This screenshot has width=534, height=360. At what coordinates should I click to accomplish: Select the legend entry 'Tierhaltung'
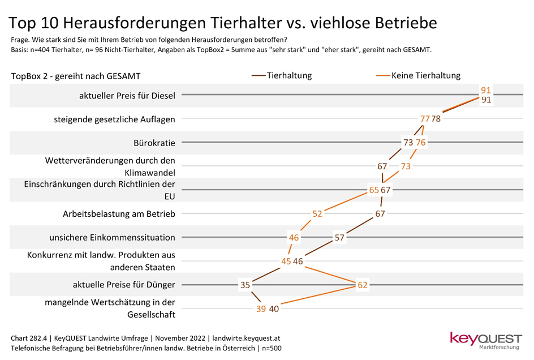coord(289,75)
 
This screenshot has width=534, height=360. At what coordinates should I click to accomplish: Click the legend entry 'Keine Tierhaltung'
coord(425,75)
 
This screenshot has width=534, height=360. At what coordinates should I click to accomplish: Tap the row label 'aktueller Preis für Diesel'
coord(127,96)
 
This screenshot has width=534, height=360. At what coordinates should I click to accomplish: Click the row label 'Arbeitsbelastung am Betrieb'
coord(118,214)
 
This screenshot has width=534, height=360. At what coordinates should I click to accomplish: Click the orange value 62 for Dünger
coord(363,285)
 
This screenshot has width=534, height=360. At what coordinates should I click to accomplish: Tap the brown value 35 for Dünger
coord(245,285)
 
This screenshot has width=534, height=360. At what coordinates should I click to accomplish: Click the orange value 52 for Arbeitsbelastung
coord(317,214)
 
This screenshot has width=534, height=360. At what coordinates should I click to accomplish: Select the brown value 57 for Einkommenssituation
coord(339,238)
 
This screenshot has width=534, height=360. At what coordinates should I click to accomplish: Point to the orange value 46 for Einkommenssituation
coord(294,238)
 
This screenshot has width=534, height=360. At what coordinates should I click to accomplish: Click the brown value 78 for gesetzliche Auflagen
coord(436,119)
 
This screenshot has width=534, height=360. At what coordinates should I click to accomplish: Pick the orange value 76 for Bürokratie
coord(420,143)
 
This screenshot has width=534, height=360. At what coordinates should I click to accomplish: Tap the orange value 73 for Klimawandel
coord(406,166)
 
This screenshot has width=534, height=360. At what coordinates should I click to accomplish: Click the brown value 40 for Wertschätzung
coord(274,308)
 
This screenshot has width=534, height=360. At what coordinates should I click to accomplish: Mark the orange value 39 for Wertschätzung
coord(261,308)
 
